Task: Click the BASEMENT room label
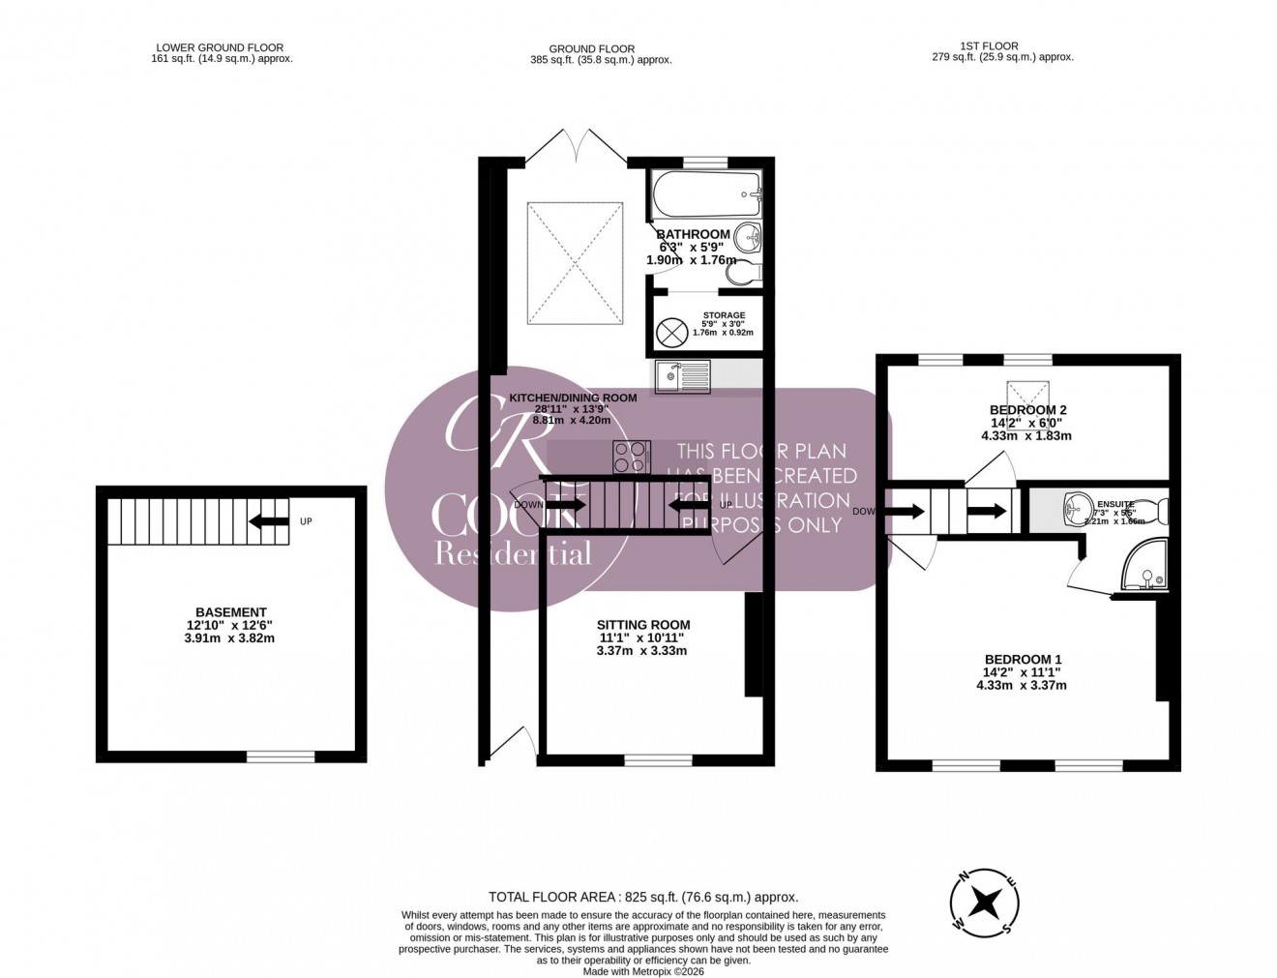click(230, 612)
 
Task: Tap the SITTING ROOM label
click(643, 625)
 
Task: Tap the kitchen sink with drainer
click(682, 376)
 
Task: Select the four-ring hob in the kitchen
click(630, 456)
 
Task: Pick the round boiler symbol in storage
click(670, 333)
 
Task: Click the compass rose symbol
click(985, 903)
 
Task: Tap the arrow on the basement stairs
click(269, 522)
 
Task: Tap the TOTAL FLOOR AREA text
click(643, 898)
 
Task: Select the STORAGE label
click(724, 315)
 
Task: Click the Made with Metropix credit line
click(643, 971)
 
